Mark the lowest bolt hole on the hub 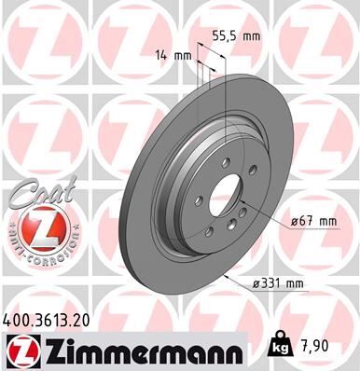(x=208, y=231)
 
